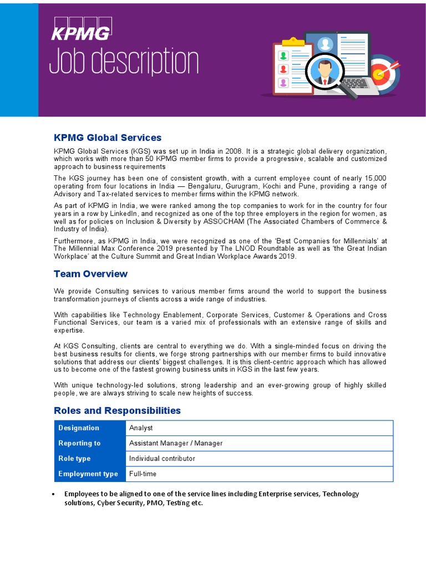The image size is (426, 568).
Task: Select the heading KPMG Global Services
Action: (x=108, y=138)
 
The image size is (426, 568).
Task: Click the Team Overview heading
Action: (x=90, y=274)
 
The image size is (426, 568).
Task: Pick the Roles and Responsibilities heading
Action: (x=117, y=410)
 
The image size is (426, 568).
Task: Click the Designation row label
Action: (x=79, y=428)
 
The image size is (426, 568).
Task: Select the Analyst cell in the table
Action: (x=141, y=428)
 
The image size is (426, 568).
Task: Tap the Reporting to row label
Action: (x=79, y=443)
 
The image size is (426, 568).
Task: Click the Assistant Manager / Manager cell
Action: (x=176, y=443)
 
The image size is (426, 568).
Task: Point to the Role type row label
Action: (x=74, y=459)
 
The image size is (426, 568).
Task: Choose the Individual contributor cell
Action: (x=162, y=459)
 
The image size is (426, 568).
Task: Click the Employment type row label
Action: (x=88, y=474)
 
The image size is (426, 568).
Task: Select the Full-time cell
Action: (x=143, y=474)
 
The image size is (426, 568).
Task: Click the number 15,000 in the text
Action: (x=374, y=178)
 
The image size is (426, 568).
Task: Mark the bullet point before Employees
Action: (x=53, y=494)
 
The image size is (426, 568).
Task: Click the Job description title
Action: (x=123, y=60)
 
